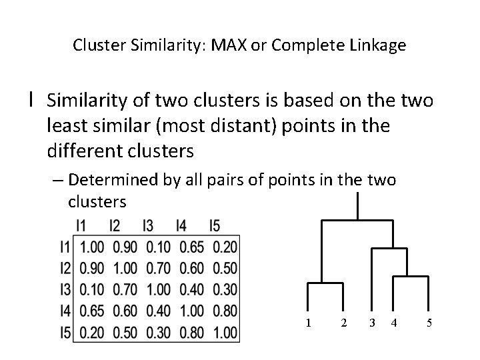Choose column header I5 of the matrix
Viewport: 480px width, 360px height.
pos(214,226)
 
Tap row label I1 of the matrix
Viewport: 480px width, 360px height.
pos(65,247)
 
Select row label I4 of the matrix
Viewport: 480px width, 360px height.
pos(65,311)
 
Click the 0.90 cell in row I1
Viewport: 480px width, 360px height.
pos(125,247)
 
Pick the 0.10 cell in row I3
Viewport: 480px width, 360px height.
pos(92,289)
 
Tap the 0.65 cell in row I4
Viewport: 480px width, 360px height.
pos(92,311)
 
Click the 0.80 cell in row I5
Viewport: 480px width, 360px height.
pos(191,331)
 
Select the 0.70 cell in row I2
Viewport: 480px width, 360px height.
pos(158,269)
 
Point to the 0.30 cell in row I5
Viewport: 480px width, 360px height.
pos(158,331)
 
